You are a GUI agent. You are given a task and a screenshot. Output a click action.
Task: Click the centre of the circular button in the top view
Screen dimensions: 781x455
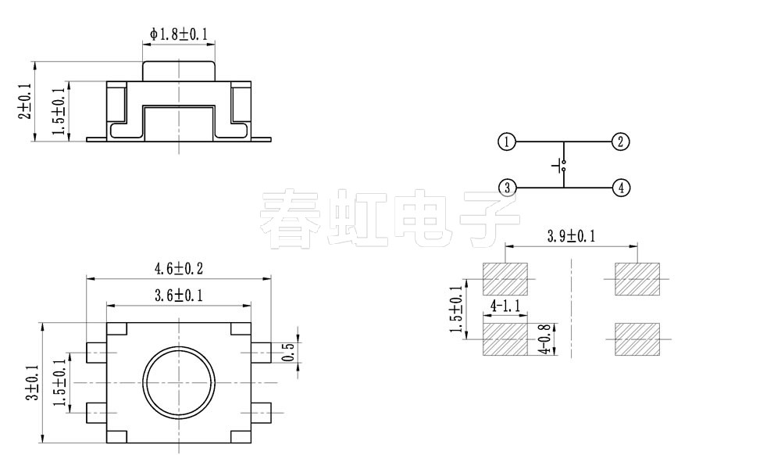pyautogui.click(x=179, y=383)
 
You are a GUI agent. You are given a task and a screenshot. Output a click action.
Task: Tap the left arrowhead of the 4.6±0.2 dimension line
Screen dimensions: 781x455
pyautogui.click(x=90, y=279)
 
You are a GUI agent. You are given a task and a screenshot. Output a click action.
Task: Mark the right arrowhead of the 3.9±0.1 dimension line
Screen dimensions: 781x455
pyautogui.click(x=633, y=245)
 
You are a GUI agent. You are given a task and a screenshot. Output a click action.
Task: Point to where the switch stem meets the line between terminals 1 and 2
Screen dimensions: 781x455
pyautogui.click(x=564, y=142)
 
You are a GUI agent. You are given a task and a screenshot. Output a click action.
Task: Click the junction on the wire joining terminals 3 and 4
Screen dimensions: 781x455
pyautogui.click(x=564, y=188)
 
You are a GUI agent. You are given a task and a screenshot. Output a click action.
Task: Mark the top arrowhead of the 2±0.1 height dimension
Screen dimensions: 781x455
pyautogui.click(x=35, y=66)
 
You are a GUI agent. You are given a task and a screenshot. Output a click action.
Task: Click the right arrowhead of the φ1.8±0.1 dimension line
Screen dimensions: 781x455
pyautogui.click(x=211, y=45)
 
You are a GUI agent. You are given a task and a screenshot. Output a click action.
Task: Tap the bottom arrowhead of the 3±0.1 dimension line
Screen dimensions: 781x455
pyautogui.click(x=42, y=439)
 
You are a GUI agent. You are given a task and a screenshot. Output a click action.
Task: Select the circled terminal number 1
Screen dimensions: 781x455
pyautogui.click(x=507, y=142)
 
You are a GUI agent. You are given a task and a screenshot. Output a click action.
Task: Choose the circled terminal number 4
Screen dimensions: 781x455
pyautogui.click(x=621, y=188)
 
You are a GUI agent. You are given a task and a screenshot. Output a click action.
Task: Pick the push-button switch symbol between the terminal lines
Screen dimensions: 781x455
pyautogui.click(x=560, y=166)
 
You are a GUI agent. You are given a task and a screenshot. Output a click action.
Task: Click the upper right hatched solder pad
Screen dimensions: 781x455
pyautogui.click(x=637, y=279)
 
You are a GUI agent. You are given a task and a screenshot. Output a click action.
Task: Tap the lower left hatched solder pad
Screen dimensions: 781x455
pyautogui.click(x=505, y=339)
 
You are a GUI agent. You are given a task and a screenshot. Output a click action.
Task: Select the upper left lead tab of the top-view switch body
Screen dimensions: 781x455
pyautogui.click(x=96, y=353)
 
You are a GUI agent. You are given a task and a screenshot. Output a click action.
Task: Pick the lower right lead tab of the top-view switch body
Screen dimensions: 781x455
pyautogui.click(x=261, y=413)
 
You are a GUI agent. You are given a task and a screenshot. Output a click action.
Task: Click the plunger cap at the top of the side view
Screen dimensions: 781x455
pyautogui.click(x=179, y=71)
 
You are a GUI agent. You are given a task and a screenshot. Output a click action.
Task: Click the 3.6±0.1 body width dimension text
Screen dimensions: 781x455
pyautogui.click(x=179, y=296)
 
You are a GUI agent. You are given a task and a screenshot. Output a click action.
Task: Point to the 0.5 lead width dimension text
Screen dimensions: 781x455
pyautogui.click(x=289, y=353)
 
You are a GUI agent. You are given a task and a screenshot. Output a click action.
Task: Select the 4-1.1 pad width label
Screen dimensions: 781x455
pyautogui.click(x=505, y=306)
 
